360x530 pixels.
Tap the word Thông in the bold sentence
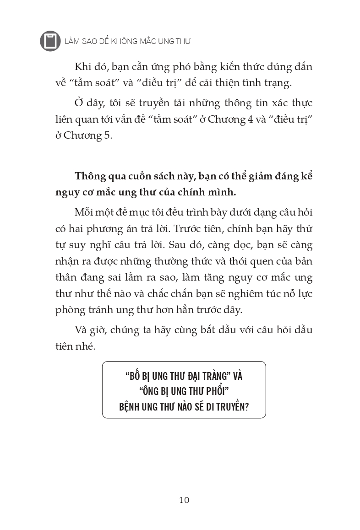pos(91,176)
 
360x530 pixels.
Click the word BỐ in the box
pos(134,376)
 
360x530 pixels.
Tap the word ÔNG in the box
pos(136,391)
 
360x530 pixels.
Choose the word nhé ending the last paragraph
pos(87,346)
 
